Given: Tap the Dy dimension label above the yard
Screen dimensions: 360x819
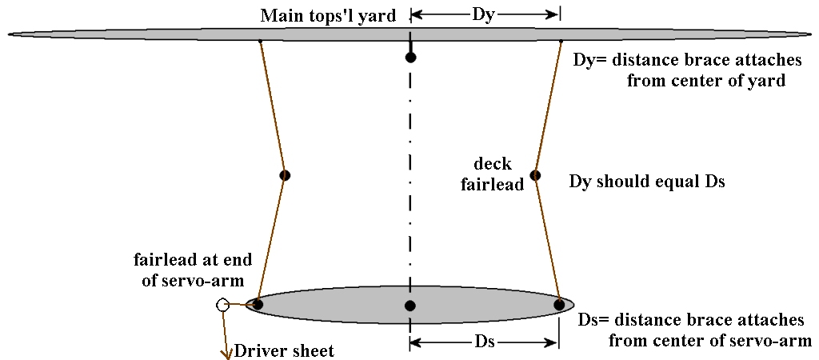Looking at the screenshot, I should coord(483,14).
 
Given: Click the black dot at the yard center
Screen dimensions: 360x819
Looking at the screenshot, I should coord(410,58).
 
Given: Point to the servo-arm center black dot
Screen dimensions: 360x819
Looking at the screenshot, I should coord(410,306).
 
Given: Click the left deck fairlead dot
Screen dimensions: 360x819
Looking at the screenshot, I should coord(284,175).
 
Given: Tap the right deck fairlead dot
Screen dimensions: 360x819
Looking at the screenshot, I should coord(536,175).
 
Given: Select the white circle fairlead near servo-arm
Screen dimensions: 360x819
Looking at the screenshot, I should coord(222,305).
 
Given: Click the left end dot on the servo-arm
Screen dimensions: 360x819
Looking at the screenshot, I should coord(258,304).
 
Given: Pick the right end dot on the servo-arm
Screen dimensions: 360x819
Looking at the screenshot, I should coord(559,304).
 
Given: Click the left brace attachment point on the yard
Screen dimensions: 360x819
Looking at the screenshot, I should coord(261,41).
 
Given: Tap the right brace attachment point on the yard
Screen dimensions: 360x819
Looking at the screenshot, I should coord(561,41).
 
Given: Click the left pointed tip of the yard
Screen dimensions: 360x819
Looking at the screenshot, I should coord(10,34).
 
